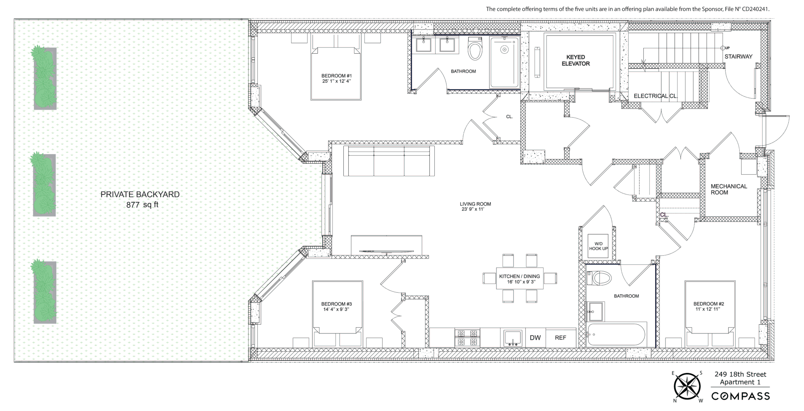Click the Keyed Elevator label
(x=576, y=60)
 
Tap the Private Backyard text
(x=140, y=194)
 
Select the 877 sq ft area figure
(x=142, y=205)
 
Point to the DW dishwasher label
(x=535, y=338)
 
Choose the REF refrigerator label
(x=560, y=338)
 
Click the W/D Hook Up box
(x=598, y=246)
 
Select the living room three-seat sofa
(x=388, y=161)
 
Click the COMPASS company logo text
(x=740, y=396)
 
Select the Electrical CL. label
(x=655, y=96)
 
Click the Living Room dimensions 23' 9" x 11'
(x=473, y=209)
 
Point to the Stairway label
(x=738, y=57)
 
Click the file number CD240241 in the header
(x=755, y=9)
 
